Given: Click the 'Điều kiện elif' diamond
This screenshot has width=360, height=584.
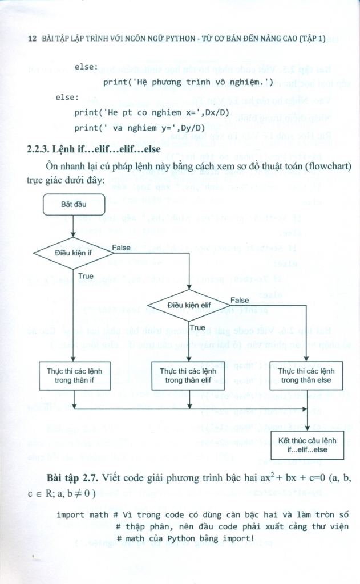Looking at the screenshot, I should pos(189,305).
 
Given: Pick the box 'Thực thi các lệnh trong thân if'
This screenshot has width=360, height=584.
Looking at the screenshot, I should pos(75,375).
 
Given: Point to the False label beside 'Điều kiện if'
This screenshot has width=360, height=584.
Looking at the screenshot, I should pos(120,247).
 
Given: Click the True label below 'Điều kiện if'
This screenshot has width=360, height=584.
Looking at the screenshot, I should pos(86,275).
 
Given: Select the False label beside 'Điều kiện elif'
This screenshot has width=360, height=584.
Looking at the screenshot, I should pos(239,299).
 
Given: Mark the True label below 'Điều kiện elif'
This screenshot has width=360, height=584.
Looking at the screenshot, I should pos(197,327).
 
